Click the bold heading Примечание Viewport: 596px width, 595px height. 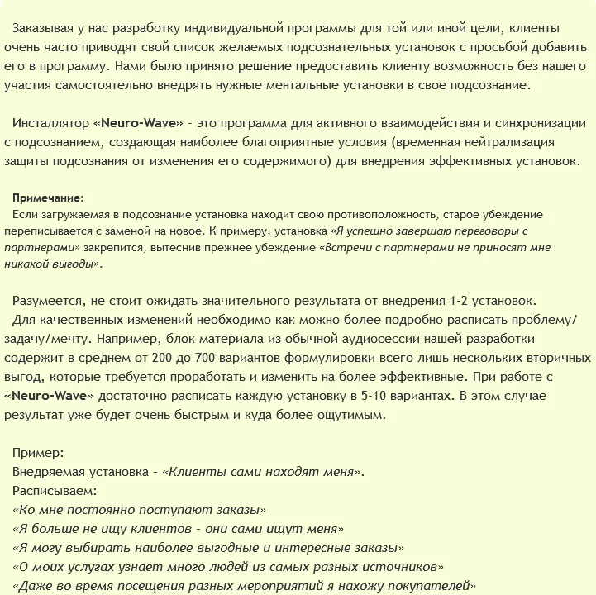(47, 198)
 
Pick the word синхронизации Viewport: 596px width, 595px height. (533, 123)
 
